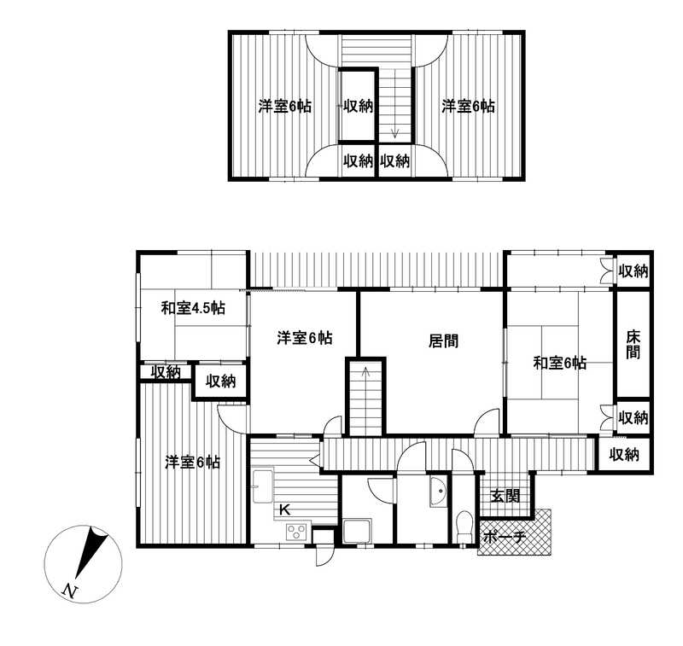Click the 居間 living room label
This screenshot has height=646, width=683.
pyautogui.click(x=443, y=340)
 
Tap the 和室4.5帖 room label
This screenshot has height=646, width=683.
pyautogui.click(x=193, y=308)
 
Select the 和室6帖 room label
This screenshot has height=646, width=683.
pyautogui.click(x=560, y=363)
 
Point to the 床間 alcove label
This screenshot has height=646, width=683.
pyautogui.click(x=633, y=344)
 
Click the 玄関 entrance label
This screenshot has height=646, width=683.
pyautogui.click(x=505, y=496)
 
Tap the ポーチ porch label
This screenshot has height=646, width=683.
pyautogui.click(x=505, y=537)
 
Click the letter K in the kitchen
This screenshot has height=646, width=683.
pyautogui.click(x=284, y=509)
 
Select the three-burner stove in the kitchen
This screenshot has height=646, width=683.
pyautogui.click(x=297, y=532)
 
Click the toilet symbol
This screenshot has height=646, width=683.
pyautogui.click(x=465, y=527)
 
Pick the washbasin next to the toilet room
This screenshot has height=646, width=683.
pyautogui.click(x=438, y=492)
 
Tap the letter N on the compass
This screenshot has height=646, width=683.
pyautogui.click(x=70, y=591)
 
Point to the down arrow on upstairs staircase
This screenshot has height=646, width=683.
pyautogui.click(x=394, y=132)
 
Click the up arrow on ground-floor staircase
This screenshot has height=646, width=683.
pyautogui.click(x=366, y=372)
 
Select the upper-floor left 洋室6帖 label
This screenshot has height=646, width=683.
pyautogui.click(x=285, y=106)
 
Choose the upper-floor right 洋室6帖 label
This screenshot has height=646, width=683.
pyautogui.click(x=468, y=106)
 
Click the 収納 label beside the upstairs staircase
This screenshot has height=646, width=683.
pyautogui.click(x=358, y=106)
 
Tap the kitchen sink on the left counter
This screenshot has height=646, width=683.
pyautogui.click(x=263, y=486)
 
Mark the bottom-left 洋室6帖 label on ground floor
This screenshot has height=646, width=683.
pyautogui.click(x=192, y=462)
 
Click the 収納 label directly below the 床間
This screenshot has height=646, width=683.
pyautogui.click(x=633, y=417)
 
